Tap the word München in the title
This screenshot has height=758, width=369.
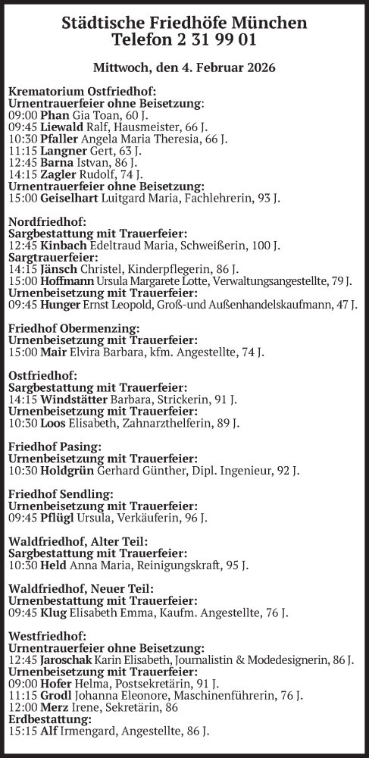(270, 23)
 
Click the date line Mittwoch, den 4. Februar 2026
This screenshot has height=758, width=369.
(184, 67)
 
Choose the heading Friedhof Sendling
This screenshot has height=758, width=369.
(61, 493)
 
